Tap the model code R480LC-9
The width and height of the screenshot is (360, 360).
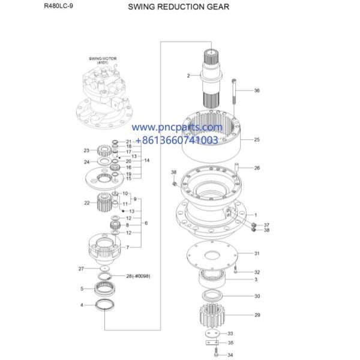point(56,7)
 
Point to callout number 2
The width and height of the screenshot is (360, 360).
point(188,76)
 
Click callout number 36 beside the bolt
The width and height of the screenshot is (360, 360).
point(257,91)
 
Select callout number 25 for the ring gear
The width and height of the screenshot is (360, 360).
point(257,139)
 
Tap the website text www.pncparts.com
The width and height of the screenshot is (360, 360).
point(177,127)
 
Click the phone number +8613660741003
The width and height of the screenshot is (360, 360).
point(177,140)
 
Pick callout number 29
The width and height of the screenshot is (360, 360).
point(257,314)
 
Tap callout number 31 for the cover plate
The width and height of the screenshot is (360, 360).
point(257,253)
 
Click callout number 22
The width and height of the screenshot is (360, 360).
point(86,203)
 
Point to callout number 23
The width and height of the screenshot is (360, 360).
point(86,150)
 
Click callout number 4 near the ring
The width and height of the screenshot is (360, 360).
point(82,305)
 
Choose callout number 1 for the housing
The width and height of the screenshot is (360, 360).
point(256,215)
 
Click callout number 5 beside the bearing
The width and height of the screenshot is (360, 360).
point(82,289)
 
